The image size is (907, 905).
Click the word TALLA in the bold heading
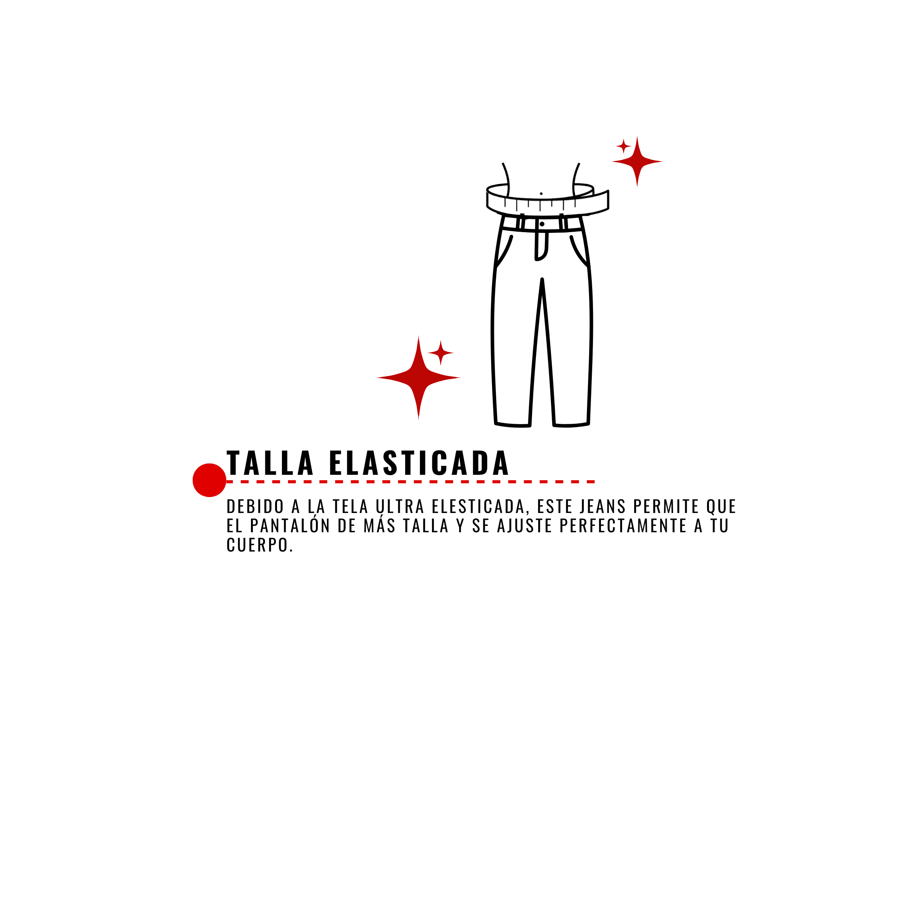click(270, 463)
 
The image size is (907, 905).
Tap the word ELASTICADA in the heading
click(419, 463)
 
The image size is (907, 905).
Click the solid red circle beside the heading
click(209, 480)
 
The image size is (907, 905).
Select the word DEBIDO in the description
click(255, 506)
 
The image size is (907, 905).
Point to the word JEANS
click(602, 506)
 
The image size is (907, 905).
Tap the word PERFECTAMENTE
click(623, 525)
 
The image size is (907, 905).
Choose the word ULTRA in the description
click(400, 506)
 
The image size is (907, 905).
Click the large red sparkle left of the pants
click(418, 378)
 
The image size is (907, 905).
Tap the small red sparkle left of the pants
click(440, 353)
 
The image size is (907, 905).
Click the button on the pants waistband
click(542, 224)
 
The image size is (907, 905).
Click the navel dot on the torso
click(541, 194)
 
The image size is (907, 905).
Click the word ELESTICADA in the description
click(478, 506)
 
